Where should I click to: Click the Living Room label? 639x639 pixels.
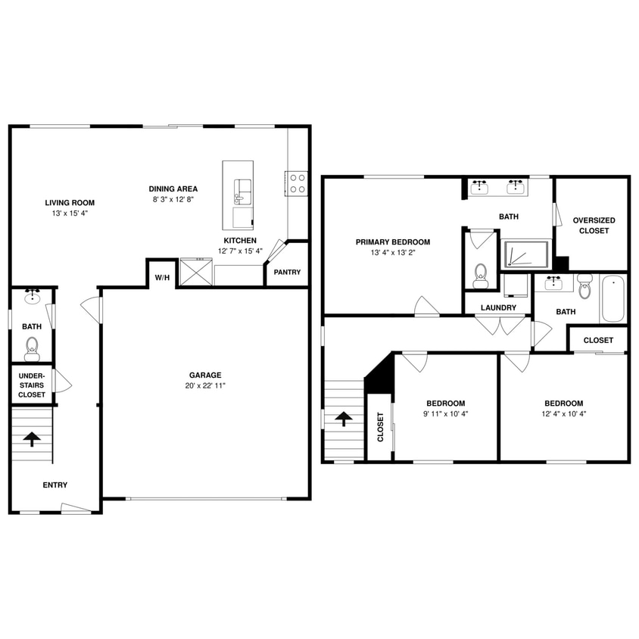70,203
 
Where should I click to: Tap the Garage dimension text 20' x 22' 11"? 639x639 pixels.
205,386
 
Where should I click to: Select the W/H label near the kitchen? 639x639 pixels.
162,278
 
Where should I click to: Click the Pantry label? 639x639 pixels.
287,273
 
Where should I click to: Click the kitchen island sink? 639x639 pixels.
242,191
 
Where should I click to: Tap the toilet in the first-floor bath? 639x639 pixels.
32,348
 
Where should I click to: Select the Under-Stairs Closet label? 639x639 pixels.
32,385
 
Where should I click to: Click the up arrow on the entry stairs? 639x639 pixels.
32,438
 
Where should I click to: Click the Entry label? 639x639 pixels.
55,485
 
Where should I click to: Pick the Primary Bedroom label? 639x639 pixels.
393,242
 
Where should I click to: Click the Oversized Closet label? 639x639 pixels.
594,226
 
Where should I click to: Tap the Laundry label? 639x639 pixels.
499,308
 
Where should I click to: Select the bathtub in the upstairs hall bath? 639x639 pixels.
613,299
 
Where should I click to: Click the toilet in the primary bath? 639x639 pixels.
481,273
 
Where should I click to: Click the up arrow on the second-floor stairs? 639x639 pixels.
344,419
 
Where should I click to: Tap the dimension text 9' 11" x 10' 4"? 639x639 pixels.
445,414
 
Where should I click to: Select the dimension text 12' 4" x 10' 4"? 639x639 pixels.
563,414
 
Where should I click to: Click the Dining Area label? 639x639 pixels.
173,189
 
